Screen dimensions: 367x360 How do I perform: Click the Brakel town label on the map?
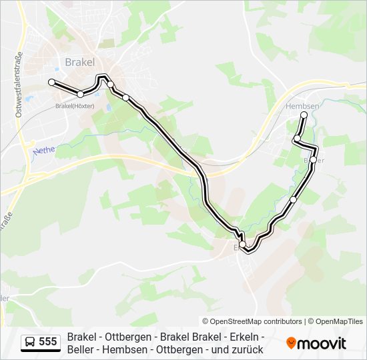pyautogui.click(x=81, y=62)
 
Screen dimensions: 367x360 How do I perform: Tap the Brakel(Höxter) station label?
pyautogui.click(x=75, y=105)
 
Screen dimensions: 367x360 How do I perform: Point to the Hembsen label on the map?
pyautogui.click(x=302, y=106)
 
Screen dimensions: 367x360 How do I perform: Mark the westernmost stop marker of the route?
pyautogui.click(x=51, y=82)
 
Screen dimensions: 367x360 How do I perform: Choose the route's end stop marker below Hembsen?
pyautogui.click(x=304, y=115)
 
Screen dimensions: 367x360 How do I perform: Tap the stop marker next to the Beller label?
pyautogui.click(x=313, y=159)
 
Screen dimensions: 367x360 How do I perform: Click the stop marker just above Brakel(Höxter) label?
pyautogui.click(x=80, y=94)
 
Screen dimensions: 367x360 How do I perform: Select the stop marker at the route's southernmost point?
pyautogui.click(x=248, y=250)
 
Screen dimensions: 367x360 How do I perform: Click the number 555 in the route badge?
pyautogui.click(x=48, y=342)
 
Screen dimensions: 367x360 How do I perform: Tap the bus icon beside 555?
pyautogui.click(x=30, y=342)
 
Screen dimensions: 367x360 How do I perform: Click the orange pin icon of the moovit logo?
pyautogui.click(x=291, y=343)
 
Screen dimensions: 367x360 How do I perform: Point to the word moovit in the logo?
pyautogui.click(x=322, y=343)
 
